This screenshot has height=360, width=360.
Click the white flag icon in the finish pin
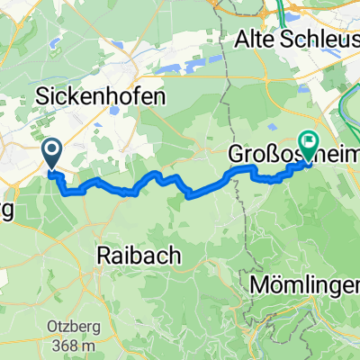[x=309, y=140]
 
